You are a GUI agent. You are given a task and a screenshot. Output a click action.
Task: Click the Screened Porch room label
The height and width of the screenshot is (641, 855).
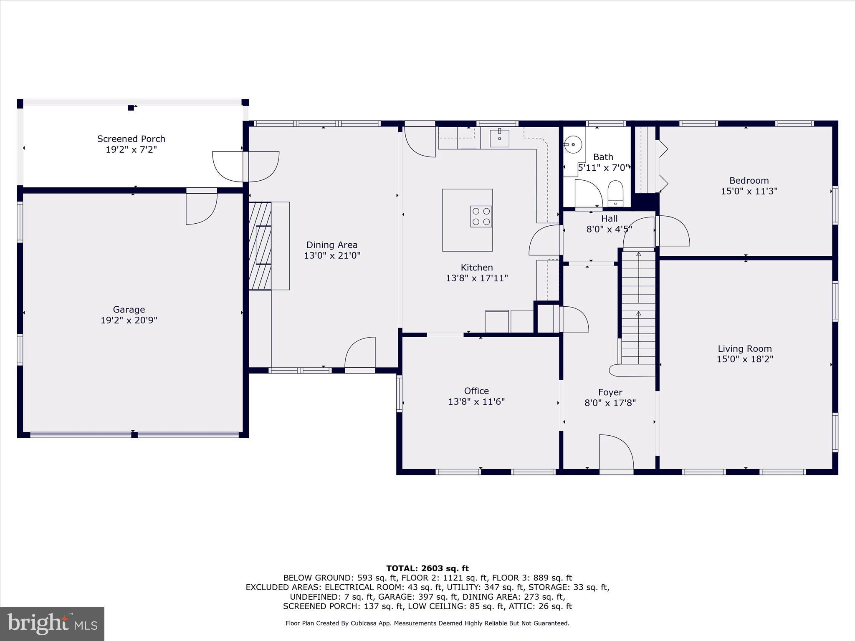click(x=131, y=139)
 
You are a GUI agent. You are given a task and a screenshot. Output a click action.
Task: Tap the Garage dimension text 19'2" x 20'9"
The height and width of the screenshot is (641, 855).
click(x=129, y=320)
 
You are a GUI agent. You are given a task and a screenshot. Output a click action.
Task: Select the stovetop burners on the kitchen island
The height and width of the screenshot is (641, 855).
click(x=481, y=217)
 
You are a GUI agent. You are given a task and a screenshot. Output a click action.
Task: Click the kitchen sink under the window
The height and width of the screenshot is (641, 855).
click(x=499, y=138)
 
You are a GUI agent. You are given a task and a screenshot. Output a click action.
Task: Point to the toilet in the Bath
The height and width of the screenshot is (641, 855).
click(x=615, y=194)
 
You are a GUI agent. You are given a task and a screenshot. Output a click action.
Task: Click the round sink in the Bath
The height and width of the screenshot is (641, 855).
click(x=573, y=145)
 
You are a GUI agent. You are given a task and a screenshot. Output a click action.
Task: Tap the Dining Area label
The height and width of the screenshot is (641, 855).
click(x=332, y=245)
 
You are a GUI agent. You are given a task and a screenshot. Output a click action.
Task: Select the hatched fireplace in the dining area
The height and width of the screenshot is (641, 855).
click(x=260, y=246)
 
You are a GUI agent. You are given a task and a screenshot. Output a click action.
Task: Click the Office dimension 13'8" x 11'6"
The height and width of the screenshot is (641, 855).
click(x=476, y=402)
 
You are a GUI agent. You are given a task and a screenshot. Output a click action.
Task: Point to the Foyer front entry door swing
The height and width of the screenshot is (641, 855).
click(x=615, y=453)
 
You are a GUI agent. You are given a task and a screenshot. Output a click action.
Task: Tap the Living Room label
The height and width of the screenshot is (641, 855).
click(x=745, y=349)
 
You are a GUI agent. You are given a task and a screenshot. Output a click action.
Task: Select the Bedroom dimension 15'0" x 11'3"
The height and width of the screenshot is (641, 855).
click(x=749, y=192)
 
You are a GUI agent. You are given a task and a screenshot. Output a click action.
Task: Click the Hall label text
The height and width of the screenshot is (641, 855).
click(x=609, y=219)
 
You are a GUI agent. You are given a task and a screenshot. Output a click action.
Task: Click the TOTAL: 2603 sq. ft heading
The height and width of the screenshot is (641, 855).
click(x=427, y=568)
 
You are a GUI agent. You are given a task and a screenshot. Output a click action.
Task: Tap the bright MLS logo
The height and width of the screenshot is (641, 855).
click(x=52, y=623)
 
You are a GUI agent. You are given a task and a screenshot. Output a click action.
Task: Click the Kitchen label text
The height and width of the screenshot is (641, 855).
click(x=477, y=268)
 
